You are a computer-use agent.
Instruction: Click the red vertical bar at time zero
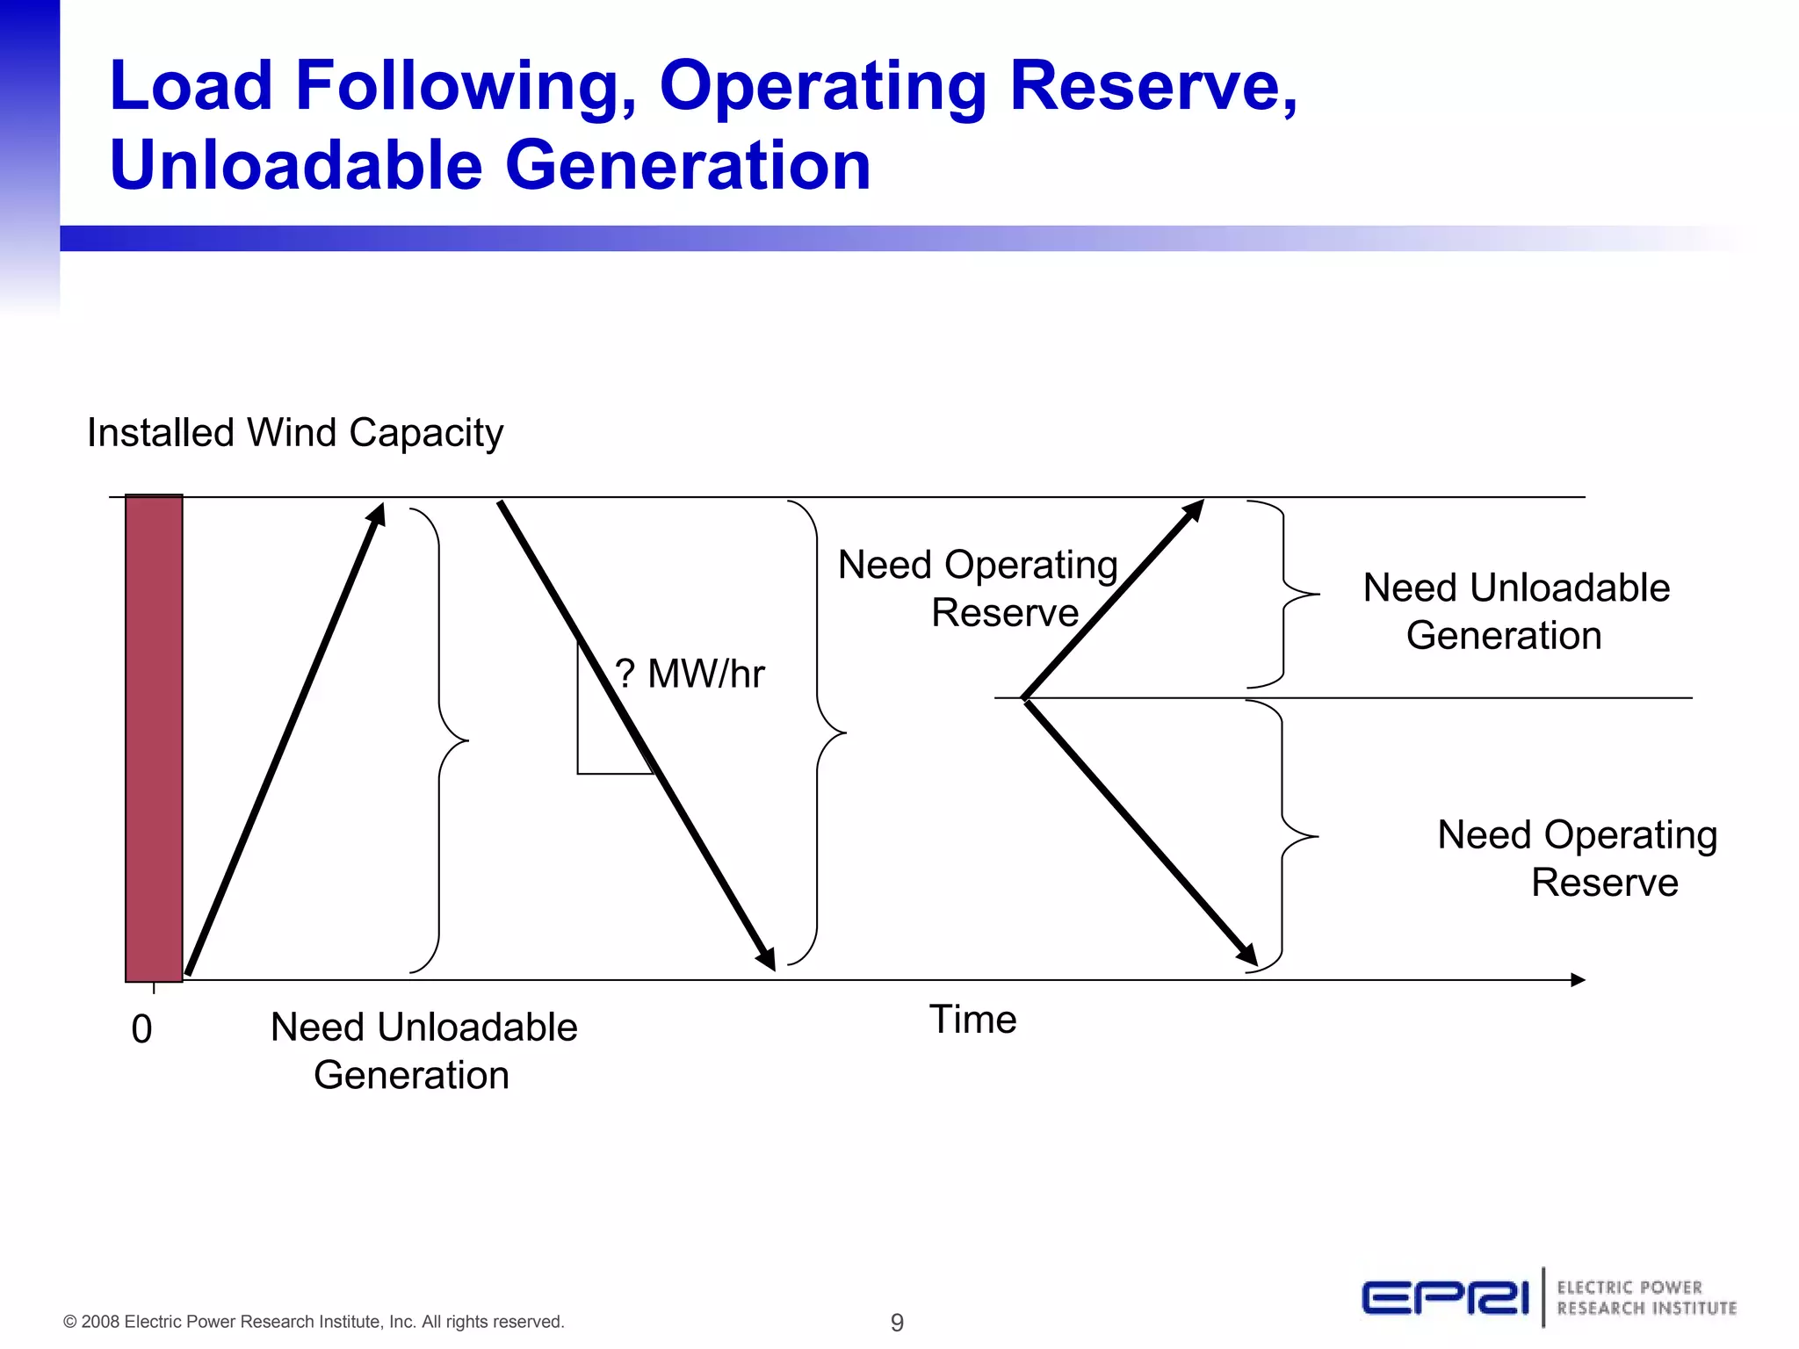pyautogui.click(x=154, y=738)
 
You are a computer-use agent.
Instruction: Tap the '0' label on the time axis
pyautogui.click(x=141, y=1029)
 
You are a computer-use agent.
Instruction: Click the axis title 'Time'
pyautogui.click(x=972, y=1020)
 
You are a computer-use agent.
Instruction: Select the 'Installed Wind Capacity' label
pyautogui.click(x=295, y=433)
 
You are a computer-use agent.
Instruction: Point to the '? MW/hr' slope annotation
pyautogui.click(x=690, y=674)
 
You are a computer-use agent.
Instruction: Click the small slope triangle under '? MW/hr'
pyautogui.click(x=606, y=738)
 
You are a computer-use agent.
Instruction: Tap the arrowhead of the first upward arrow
pyautogui.click(x=377, y=513)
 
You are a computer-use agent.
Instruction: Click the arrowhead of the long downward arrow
pyautogui.click(x=767, y=960)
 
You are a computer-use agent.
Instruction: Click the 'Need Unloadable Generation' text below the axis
pyautogui.click(x=423, y=1051)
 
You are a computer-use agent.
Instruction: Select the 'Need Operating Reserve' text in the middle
pyautogui.click(x=978, y=588)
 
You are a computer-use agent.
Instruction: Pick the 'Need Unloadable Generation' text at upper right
pyautogui.click(x=1515, y=611)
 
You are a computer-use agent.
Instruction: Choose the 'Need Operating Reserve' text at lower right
pyautogui.click(x=1578, y=858)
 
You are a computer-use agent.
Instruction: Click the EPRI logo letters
pyautogui.click(x=1445, y=1298)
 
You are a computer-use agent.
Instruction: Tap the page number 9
pyautogui.click(x=897, y=1322)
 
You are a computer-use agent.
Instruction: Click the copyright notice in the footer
pyautogui.click(x=314, y=1322)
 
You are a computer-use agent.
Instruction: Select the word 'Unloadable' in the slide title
pyautogui.click(x=296, y=165)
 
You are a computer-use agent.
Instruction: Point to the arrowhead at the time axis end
pyautogui.click(x=1579, y=979)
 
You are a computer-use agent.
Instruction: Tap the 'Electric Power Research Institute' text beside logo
pyautogui.click(x=1646, y=1298)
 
